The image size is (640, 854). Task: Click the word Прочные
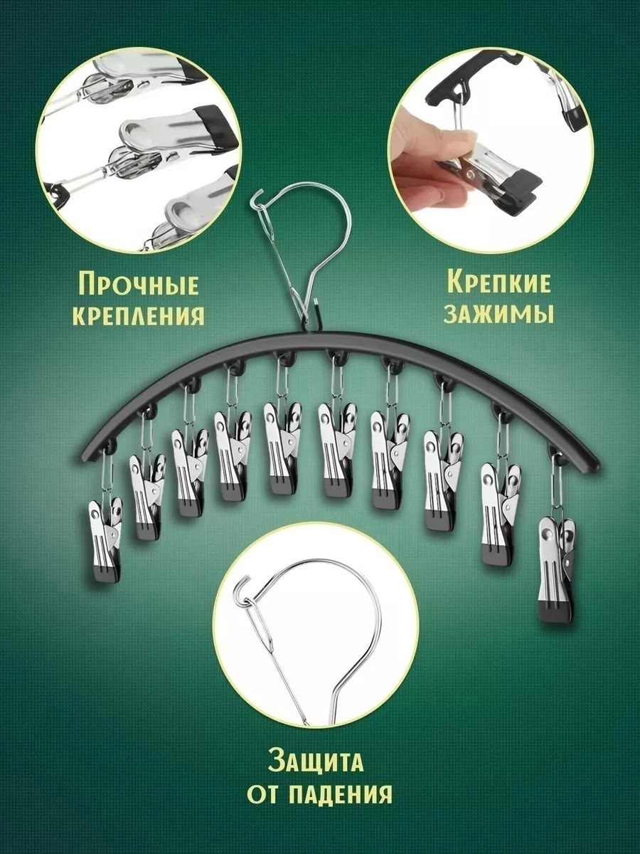139,284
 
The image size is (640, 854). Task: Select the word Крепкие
498,283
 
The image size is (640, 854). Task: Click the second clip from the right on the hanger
501,514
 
